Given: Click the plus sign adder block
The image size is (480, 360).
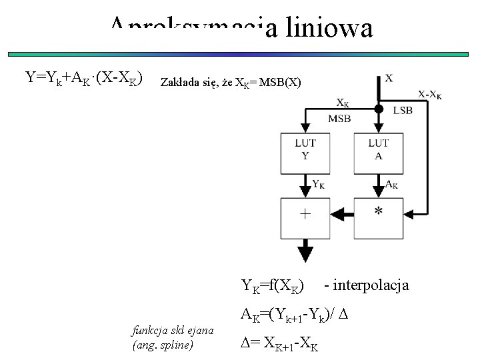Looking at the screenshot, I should click(305, 214).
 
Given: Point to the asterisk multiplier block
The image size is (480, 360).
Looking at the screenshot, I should click(378, 214).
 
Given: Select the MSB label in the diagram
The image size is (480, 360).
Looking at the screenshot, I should click(339, 119).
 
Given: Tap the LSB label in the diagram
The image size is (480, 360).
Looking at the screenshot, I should click(403, 109).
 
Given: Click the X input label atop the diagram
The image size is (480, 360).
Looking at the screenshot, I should click(389, 78).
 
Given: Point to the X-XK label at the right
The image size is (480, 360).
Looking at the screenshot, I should click(430, 94).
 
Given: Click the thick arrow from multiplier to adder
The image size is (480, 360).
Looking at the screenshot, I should click(342, 214).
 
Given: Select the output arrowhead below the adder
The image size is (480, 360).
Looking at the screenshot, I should click(305, 254).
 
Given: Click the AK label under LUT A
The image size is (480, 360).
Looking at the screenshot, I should click(393, 184).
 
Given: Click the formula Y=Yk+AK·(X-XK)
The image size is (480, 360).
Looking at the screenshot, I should click(83, 79).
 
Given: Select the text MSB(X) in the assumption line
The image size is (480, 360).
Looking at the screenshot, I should click(281, 83).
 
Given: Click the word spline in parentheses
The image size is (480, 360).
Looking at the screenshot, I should click(176, 345).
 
